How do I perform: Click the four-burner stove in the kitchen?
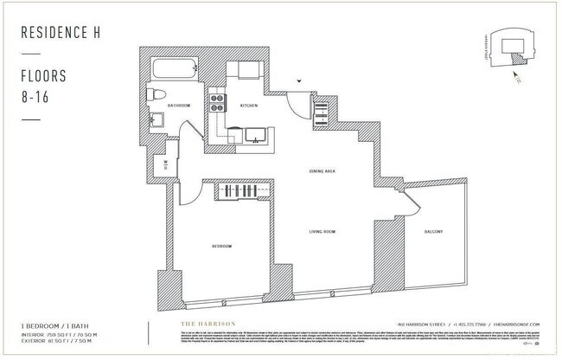217,105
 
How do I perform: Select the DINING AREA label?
322,171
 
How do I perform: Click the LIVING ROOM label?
322,232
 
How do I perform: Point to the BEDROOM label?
221,247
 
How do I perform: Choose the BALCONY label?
434,232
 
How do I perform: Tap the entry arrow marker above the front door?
299,80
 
